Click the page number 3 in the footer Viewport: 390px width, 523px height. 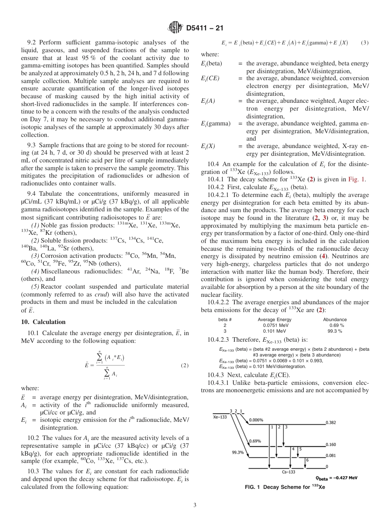coord(195,505)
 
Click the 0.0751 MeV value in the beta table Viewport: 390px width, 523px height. coord(275,325)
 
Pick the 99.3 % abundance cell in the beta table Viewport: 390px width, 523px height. coord(335,331)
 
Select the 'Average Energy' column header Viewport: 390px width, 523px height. coord(274,319)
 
